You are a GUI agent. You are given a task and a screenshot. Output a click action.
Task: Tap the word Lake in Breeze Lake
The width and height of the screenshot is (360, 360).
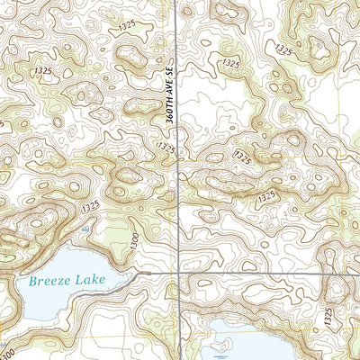[91, 280]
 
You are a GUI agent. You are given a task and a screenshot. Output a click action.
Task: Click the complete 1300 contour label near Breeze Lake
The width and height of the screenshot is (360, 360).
[131, 239]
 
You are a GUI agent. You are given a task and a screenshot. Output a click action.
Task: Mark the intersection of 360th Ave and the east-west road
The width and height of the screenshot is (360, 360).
[177, 272]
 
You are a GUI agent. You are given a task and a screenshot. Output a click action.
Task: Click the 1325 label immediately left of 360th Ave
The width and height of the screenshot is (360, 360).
[165, 146]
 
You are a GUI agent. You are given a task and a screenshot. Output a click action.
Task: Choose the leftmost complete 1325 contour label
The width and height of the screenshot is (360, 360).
[41, 70]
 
